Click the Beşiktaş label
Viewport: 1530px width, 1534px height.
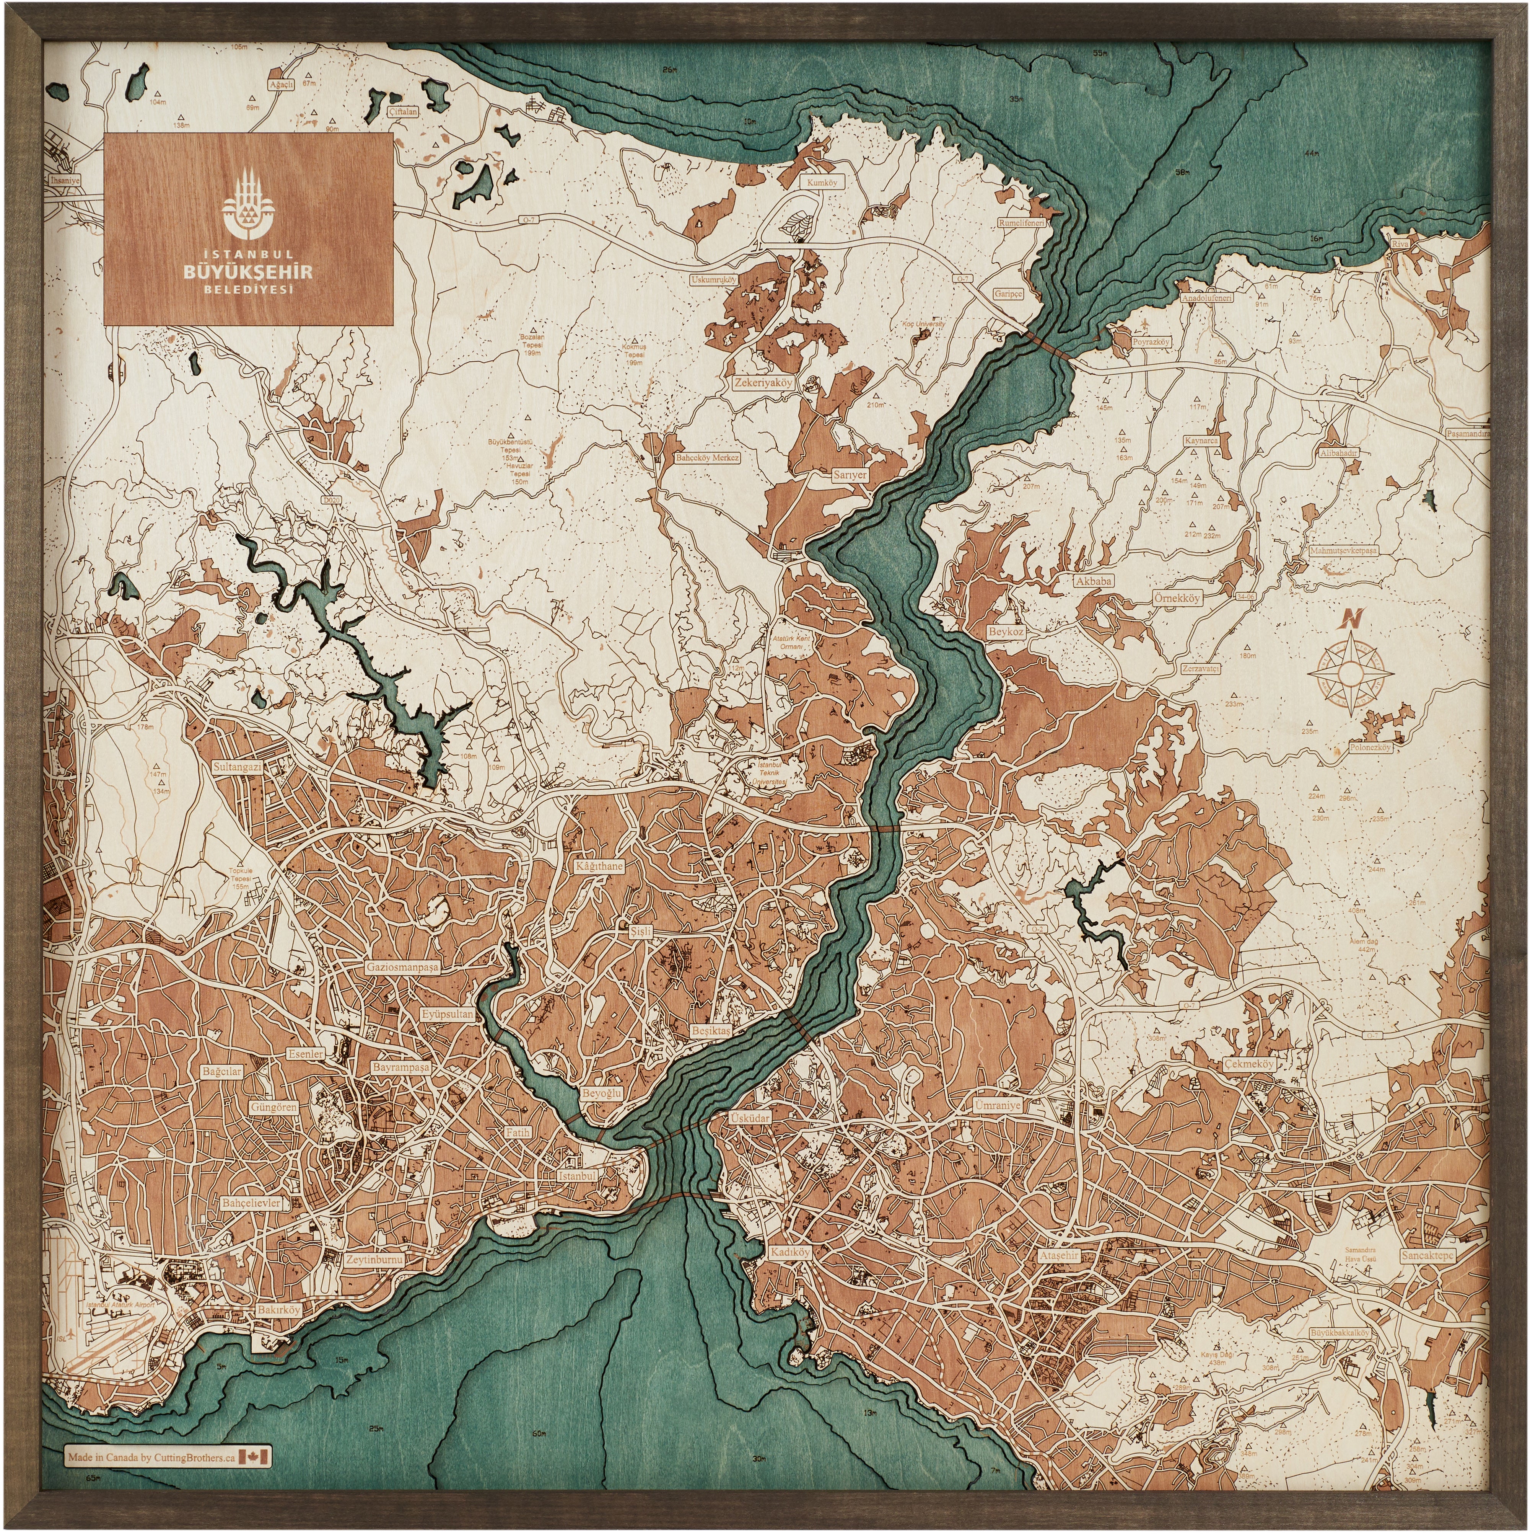[710, 1030]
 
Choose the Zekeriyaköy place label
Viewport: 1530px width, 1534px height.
[763, 382]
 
